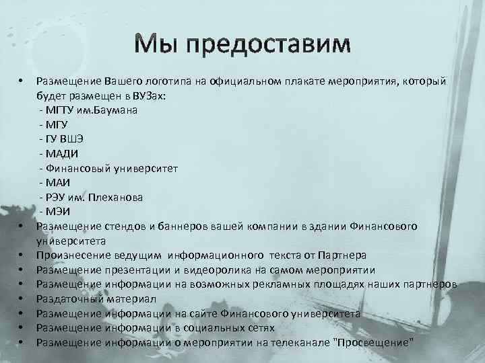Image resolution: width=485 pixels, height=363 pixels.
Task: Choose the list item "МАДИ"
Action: (63, 153)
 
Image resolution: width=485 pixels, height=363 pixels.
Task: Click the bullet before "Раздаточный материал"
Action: (22, 298)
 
